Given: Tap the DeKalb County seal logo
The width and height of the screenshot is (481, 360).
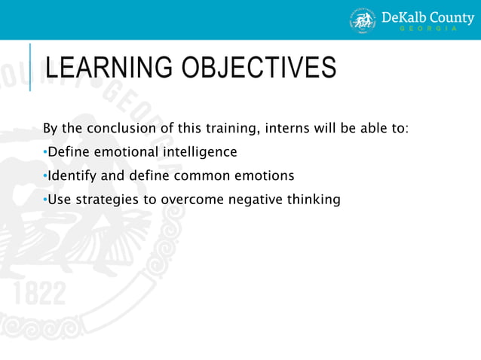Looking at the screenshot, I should tap(363, 20).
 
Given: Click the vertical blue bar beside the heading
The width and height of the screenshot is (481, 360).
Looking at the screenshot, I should tap(30, 67).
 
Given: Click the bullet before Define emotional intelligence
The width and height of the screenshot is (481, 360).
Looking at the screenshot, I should tap(45, 153).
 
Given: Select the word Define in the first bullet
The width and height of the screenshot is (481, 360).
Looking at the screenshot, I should tap(68, 152).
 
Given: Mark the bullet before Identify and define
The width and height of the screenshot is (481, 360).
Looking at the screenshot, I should tap(45, 176).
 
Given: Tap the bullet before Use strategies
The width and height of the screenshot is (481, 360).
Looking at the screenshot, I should tap(45, 200).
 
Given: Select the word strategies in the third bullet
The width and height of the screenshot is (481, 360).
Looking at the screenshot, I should tap(103, 200).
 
